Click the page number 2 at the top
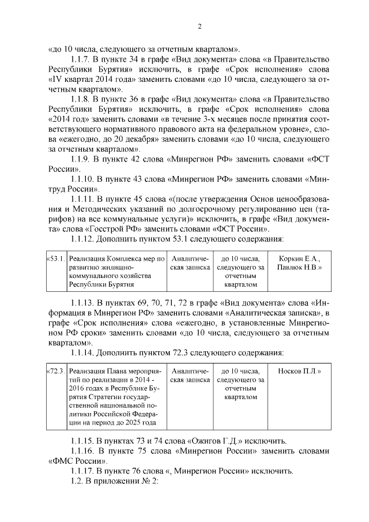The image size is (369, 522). click(198, 27)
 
